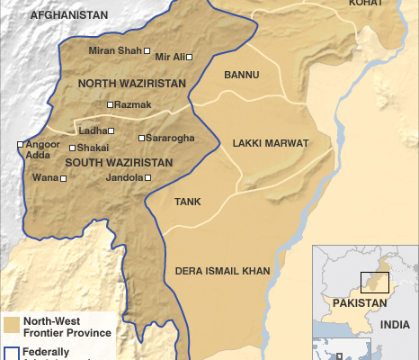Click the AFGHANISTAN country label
(x=68, y=16)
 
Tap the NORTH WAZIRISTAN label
(x=132, y=84)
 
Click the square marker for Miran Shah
(x=147, y=51)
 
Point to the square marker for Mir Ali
(x=189, y=57)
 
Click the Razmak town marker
(x=110, y=105)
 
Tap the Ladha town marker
(x=111, y=130)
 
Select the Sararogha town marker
(x=142, y=138)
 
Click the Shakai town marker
(x=73, y=148)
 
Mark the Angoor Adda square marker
(x=20, y=144)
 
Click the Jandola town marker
(x=147, y=178)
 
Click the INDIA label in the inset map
(x=394, y=324)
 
